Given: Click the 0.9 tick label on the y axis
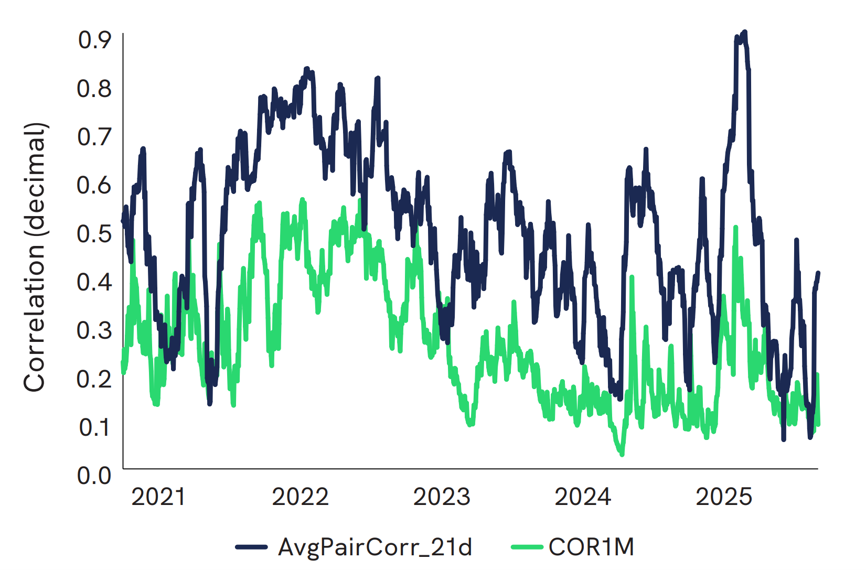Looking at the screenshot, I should point(94,40).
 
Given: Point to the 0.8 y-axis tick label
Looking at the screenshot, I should point(94,88).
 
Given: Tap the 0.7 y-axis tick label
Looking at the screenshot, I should point(94,137).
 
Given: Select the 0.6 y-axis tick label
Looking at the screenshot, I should point(94,185).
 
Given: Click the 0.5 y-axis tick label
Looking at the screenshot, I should point(94,233).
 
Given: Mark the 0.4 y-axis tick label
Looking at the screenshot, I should point(94,282).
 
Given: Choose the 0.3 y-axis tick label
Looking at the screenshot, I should point(94,330).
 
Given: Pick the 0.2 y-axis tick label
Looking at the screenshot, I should point(94,379).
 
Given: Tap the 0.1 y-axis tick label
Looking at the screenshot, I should point(94,427).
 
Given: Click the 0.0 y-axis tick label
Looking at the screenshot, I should point(94,476).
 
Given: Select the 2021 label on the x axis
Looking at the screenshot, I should point(158,497).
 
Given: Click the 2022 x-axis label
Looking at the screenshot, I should point(300,497).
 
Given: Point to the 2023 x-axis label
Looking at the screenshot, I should point(442,497).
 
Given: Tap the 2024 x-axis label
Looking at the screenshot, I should point(583,497).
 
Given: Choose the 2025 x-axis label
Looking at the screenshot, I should point(724,497).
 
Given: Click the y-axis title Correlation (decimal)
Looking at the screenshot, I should point(35,257).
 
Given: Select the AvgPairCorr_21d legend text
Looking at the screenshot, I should point(375,547).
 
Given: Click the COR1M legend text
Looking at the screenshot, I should point(591,547).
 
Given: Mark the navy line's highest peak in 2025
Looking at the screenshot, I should point(744,32).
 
